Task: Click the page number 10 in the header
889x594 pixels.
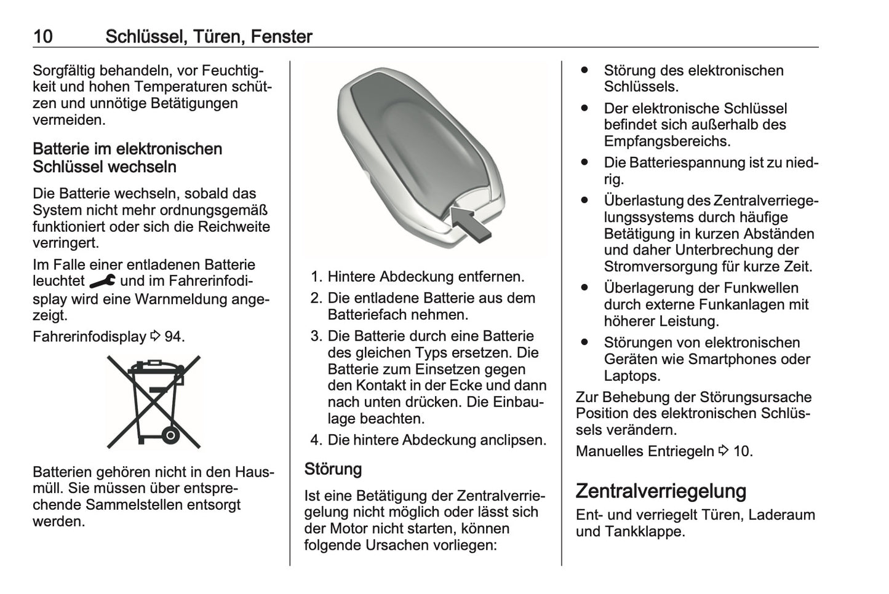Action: pyautogui.click(x=43, y=36)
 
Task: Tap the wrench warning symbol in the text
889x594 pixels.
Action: pyautogui.click(x=102, y=282)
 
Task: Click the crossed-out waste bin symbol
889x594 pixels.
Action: pyautogui.click(x=153, y=401)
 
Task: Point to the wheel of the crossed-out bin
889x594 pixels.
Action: pyautogui.click(x=171, y=435)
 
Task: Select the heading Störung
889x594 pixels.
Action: pyautogui.click(x=333, y=469)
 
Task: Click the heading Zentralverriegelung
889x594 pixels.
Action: pyautogui.click(x=661, y=491)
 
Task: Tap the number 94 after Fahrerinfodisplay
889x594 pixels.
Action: pyautogui.click(x=173, y=337)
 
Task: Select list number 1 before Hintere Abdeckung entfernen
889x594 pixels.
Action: pyautogui.click(x=316, y=277)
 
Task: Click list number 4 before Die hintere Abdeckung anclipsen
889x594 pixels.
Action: pyautogui.click(x=316, y=440)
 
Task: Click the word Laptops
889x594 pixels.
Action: pyautogui.click(x=631, y=376)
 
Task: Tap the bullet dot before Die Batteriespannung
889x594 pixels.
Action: pyautogui.click(x=584, y=163)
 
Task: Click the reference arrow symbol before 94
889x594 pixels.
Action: pyautogui.click(x=155, y=337)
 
